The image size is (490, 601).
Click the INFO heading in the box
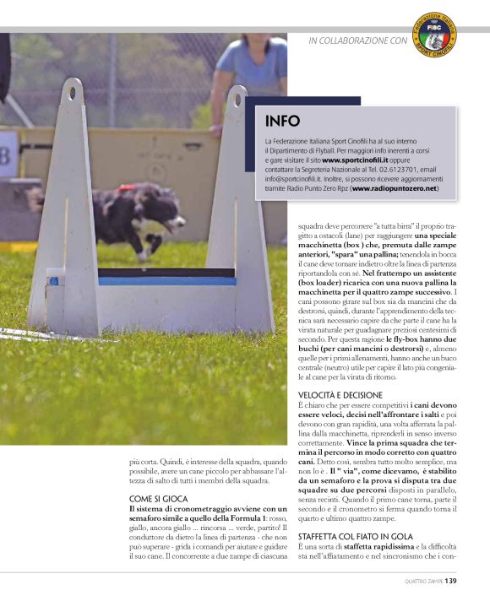click(x=282, y=121)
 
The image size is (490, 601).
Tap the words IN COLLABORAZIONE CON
click(x=357, y=40)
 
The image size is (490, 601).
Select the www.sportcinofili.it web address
click(x=354, y=160)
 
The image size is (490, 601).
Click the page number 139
click(x=451, y=581)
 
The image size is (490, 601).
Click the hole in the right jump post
click(x=237, y=95)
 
